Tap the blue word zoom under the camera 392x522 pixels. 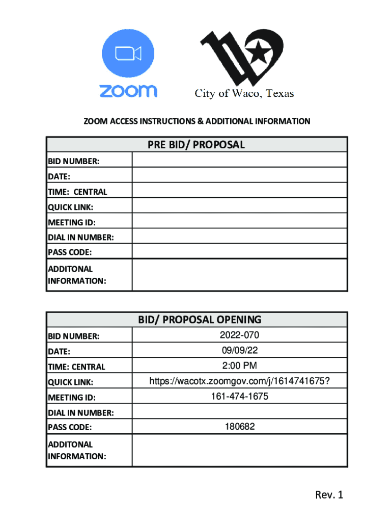128,91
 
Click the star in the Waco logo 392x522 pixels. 260,50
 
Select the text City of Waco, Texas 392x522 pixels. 245,93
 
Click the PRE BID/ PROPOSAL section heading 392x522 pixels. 197,145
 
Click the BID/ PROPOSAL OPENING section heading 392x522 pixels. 200,320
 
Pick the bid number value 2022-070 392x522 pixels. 239,335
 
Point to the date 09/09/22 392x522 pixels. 239,351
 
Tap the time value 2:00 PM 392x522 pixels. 239,366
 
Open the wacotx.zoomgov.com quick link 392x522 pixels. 239,381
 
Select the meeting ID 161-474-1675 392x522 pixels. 239,396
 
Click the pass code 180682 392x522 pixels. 239,427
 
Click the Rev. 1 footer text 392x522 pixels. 329,494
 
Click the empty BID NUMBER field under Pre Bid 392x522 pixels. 239,161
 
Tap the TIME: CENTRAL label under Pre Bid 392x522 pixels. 77,192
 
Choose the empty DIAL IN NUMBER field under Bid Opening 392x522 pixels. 239,412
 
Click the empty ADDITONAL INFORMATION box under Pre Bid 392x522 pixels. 239,274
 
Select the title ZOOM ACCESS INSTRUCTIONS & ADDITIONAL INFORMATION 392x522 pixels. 197,121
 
